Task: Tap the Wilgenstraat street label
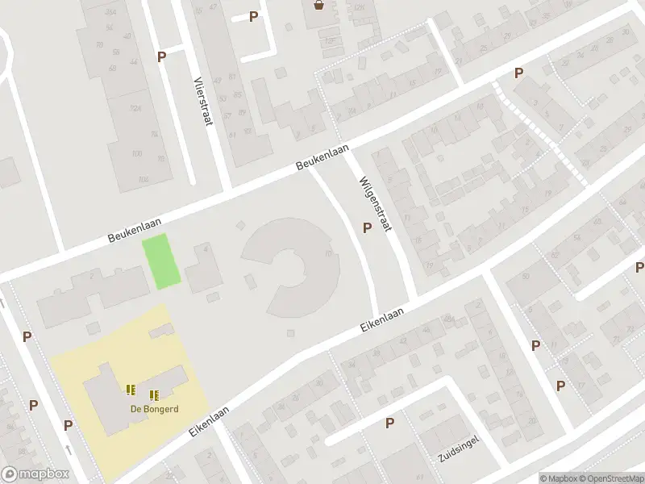tap(375, 204)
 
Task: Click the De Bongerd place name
tap(155, 408)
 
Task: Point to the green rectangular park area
tap(161, 261)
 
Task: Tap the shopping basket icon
tap(320, 6)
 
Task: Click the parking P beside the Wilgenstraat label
tap(367, 228)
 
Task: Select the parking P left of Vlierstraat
tap(162, 56)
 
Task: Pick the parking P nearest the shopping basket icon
tap(254, 16)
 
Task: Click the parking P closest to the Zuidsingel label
tap(390, 423)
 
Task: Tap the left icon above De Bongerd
tap(131, 390)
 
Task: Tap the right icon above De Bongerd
tap(154, 395)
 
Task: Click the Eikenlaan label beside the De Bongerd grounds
tap(210, 422)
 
